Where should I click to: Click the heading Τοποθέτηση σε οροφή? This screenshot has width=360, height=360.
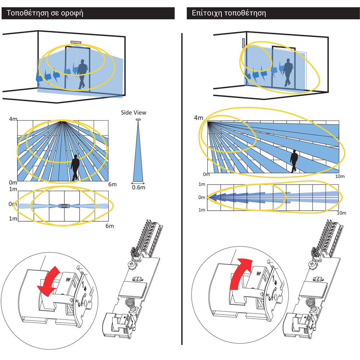point(43,14)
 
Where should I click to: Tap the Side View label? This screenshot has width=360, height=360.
point(133,113)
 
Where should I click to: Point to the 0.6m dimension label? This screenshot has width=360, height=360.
point(138,187)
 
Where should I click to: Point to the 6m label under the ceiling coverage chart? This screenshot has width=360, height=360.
point(113,184)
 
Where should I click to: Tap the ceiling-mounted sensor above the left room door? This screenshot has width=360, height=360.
point(76,42)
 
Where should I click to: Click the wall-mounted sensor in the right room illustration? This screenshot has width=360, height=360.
point(243,43)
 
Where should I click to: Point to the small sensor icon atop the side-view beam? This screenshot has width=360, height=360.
point(138,120)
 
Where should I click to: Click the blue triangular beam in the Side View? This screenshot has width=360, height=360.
point(138,158)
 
